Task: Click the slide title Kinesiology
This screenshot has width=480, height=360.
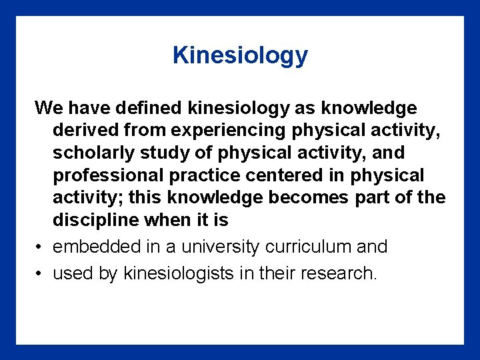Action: tap(240, 55)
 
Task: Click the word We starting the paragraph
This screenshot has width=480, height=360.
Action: tap(49, 107)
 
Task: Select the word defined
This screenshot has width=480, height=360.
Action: tap(151, 107)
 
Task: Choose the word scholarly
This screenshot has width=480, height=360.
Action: tap(93, 153)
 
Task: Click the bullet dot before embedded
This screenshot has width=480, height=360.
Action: tap(40, 247)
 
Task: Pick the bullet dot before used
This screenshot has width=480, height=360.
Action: tap(40, 273)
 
